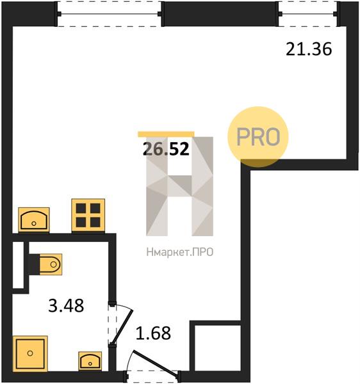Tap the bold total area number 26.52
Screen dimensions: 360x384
166,149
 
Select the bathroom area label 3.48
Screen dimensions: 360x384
66,305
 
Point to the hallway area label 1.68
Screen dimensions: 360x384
153,333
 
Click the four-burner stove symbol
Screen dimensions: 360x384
88,215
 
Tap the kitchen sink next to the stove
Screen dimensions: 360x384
34,220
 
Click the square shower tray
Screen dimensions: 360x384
30,353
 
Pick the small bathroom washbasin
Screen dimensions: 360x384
90,361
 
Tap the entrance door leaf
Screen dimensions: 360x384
155,363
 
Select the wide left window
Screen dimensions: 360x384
110,14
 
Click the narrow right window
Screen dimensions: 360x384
309,14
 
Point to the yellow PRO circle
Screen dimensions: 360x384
258,137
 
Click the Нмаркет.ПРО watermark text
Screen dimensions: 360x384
180,252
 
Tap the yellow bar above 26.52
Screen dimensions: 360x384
166,134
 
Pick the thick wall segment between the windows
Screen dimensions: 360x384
220,14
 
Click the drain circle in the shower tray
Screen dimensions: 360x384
30,353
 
